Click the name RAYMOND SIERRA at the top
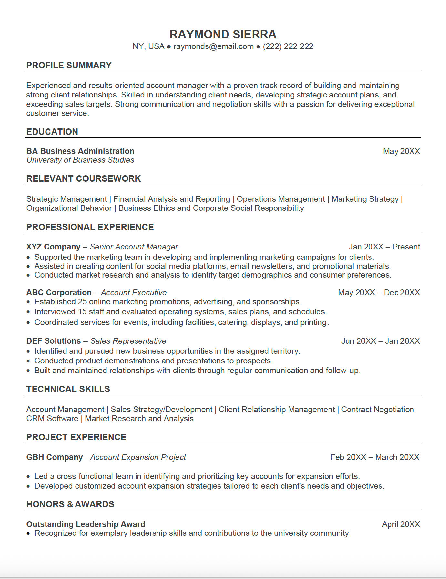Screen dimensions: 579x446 tap(223, 35)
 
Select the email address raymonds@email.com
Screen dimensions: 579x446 tap(213, 46)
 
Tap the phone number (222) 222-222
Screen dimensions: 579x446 tap(288, 46)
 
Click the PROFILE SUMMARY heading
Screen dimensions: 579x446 tap(69, 65)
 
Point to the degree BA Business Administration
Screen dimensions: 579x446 tap(80, 151)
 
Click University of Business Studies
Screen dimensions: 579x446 tap(80, 160)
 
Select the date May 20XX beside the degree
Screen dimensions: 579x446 tap(401, 151)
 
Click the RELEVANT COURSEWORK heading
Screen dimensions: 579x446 tap(84, 178)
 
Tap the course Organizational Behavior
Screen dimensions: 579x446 tap(69, 208)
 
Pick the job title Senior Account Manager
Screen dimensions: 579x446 tap(134, 247)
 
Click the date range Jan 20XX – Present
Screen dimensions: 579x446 tap(384, 247)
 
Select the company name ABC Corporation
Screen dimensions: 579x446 tap(59, 293)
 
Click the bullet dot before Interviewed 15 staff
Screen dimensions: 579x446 tap(28, 312)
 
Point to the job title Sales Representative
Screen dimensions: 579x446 tap(128, 341)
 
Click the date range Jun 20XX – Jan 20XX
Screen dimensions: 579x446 tap(380, 341)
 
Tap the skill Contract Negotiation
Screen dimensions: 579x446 tap(377, 410)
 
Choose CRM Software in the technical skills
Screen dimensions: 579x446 tap(52, 419)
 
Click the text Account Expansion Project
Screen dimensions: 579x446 tap(138, 457)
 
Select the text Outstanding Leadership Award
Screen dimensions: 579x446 tap(86, 524)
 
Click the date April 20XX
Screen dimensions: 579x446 tap(400, 524)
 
